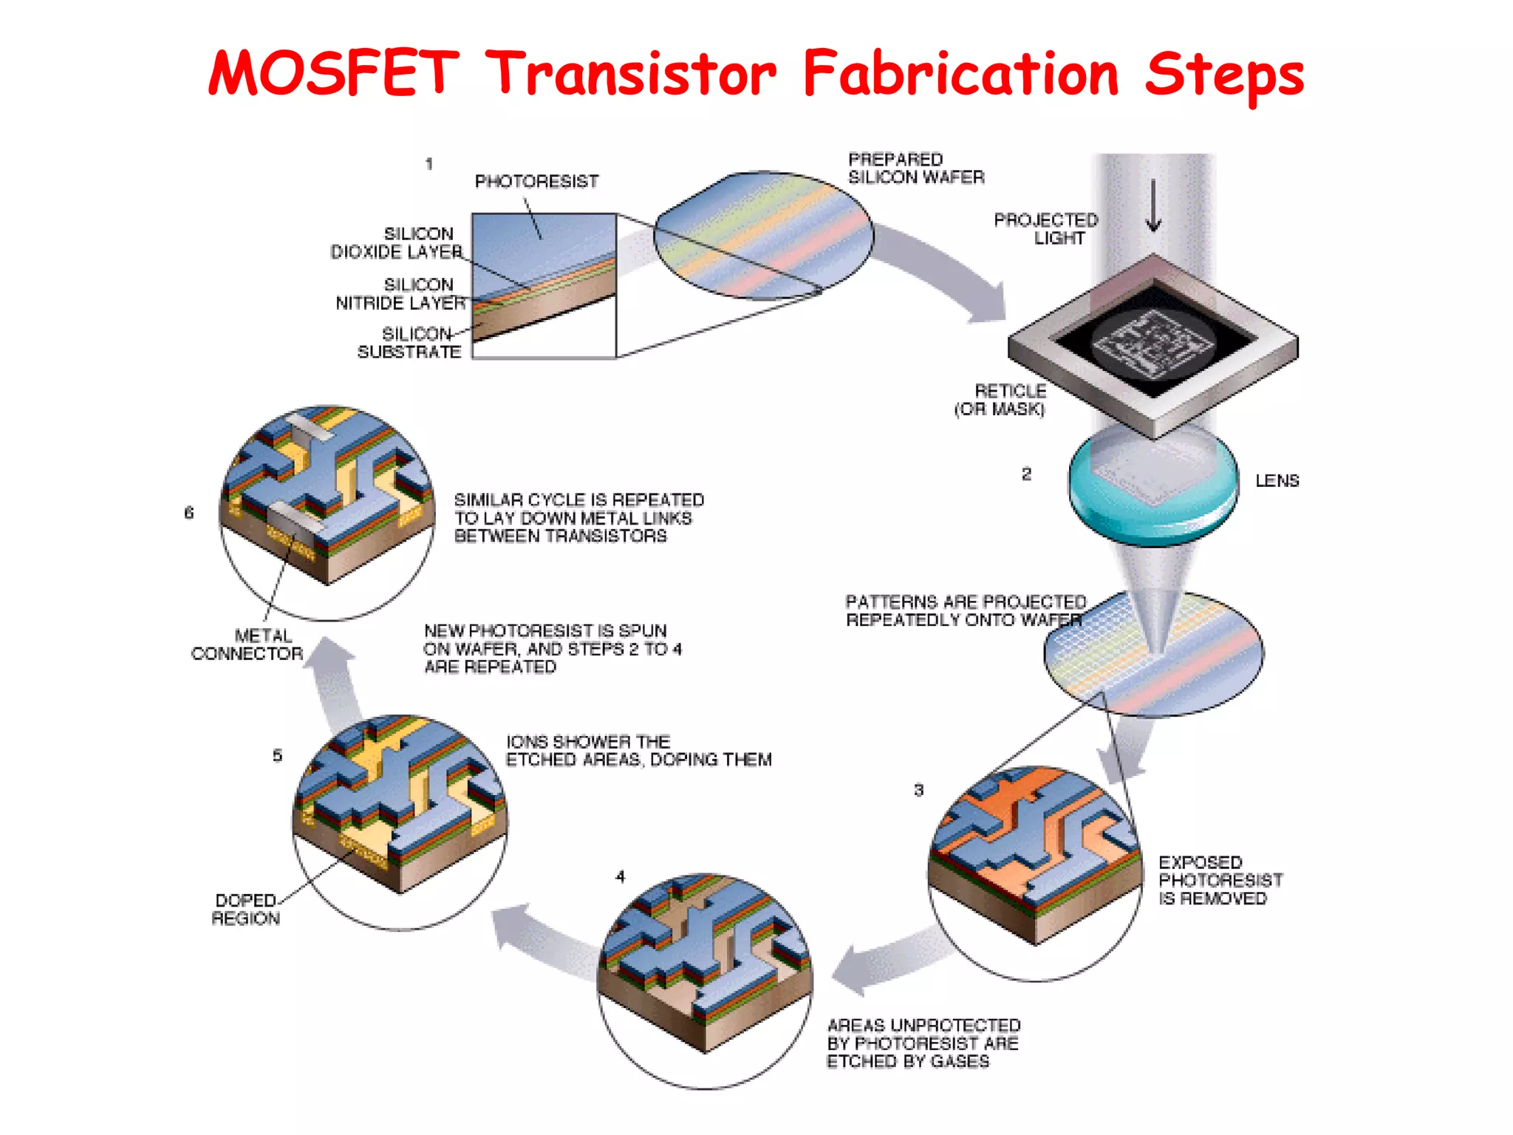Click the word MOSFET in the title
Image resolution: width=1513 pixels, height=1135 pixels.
[x=333, y=73]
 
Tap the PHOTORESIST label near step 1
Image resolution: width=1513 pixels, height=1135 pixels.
[x=536, y=182]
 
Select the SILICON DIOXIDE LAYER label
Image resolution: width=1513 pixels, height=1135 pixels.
[x=397, y=243]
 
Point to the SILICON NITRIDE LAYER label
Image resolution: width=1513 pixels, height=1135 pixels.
[x=401, y=294]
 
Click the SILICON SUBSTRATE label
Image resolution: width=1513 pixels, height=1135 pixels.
[x=411, y=343]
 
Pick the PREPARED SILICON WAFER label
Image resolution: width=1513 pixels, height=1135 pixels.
[x=915, y=168]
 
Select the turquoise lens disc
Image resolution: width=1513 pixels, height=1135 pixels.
[x=1153, y=488]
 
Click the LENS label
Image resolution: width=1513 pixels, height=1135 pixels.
[x=1277, y=481]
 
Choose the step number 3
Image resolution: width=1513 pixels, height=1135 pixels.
[x=918, y=790]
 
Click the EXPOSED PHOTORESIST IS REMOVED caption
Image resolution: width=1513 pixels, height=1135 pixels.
[x=1220, y=881]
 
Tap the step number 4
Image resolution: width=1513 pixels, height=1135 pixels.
[x=620, y=876]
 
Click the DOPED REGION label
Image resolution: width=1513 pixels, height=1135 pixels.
[x=246, y=910]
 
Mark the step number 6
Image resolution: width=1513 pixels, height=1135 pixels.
[x=189, y=512]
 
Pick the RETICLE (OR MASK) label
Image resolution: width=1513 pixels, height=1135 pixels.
[x=1001, y=400]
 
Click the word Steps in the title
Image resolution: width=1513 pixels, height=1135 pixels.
[x=1224, y=75]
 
